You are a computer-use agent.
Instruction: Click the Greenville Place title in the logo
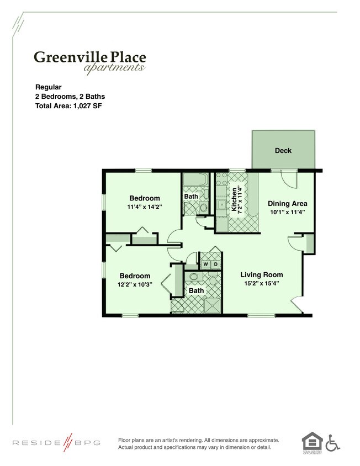pos(89,56)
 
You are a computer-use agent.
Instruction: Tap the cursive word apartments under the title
pos(114,68)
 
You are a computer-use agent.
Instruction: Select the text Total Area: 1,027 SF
pos(69,105)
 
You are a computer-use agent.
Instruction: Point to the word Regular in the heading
pos(49,87)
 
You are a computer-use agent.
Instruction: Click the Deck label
pos(283,151)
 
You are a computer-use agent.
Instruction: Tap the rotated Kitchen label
pos(235,199)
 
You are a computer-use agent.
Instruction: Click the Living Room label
pos(261,274)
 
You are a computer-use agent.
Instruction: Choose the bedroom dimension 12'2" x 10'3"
pos(135,285)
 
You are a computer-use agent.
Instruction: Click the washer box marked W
pos(205,264)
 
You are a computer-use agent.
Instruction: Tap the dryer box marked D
pos(215,264)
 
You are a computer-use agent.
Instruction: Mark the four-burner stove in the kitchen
pos(221,182)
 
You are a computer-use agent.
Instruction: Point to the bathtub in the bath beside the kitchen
pos(194,180)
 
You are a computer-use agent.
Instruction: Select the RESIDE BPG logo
pos(56,443)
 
